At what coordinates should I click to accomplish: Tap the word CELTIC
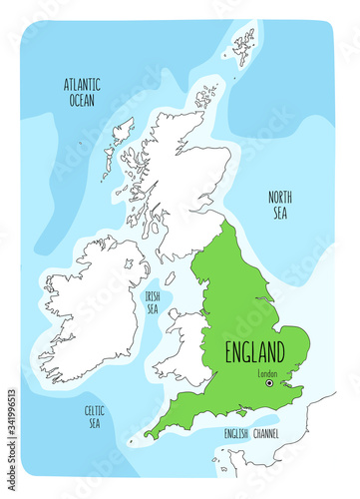[95, 409]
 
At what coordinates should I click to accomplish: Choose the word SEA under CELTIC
[95, 423]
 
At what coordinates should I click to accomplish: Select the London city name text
[266, 374]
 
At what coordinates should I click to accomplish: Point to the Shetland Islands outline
[243, 45]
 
